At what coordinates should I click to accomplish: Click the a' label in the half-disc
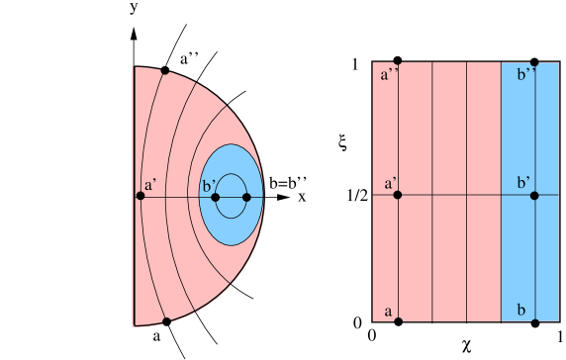[149, 185]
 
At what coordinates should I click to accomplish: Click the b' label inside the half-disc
[209, 185]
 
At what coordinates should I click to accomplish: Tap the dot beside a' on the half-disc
[141, 196]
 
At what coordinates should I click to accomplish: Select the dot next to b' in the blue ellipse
[214, 196]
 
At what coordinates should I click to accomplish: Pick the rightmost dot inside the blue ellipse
[246, 196]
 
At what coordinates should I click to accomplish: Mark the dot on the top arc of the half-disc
[164, 71]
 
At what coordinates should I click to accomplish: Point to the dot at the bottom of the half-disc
[166, 320]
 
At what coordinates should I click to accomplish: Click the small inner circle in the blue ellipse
[231, 196]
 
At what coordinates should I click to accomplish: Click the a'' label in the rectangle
[388, 74]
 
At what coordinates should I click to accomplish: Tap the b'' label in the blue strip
[526, 74]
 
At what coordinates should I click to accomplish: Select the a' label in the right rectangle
[390, 184]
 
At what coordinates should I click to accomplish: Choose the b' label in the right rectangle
[523, 184]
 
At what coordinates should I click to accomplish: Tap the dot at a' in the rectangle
[398, 195]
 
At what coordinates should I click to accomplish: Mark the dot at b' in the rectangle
[534, 195]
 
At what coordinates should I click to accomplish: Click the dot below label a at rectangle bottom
[398, 320]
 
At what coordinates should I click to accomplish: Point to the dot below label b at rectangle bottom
[534, 320]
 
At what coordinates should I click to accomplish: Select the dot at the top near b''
[534, 63]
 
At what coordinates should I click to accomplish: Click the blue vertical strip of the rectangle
[519, 247]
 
